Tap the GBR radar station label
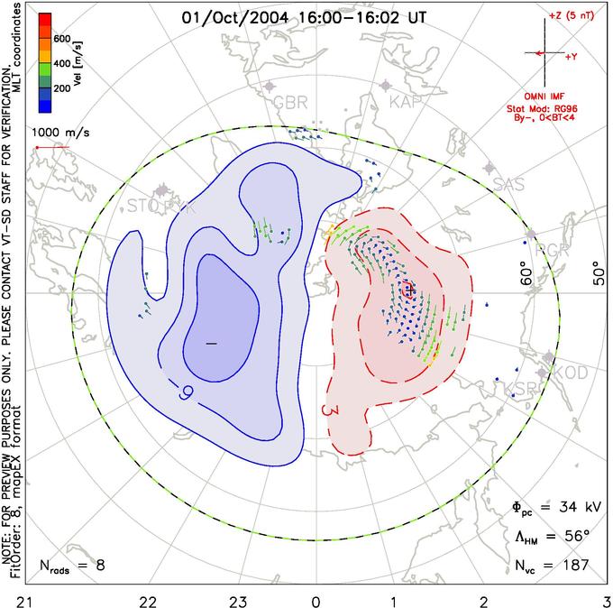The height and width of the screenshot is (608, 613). tap(290, 101)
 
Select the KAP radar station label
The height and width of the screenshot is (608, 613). tap(406, 103)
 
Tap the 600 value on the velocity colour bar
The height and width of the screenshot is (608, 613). tap(61, 40)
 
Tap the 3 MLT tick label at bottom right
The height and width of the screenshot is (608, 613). tap(605, 598)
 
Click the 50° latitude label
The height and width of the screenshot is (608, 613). tap(596, 272)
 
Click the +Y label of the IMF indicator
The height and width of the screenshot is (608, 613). tap(572, 57)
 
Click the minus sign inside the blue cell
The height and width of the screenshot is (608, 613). tap(211, 344)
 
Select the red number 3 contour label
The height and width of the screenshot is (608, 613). tap(328, 410)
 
